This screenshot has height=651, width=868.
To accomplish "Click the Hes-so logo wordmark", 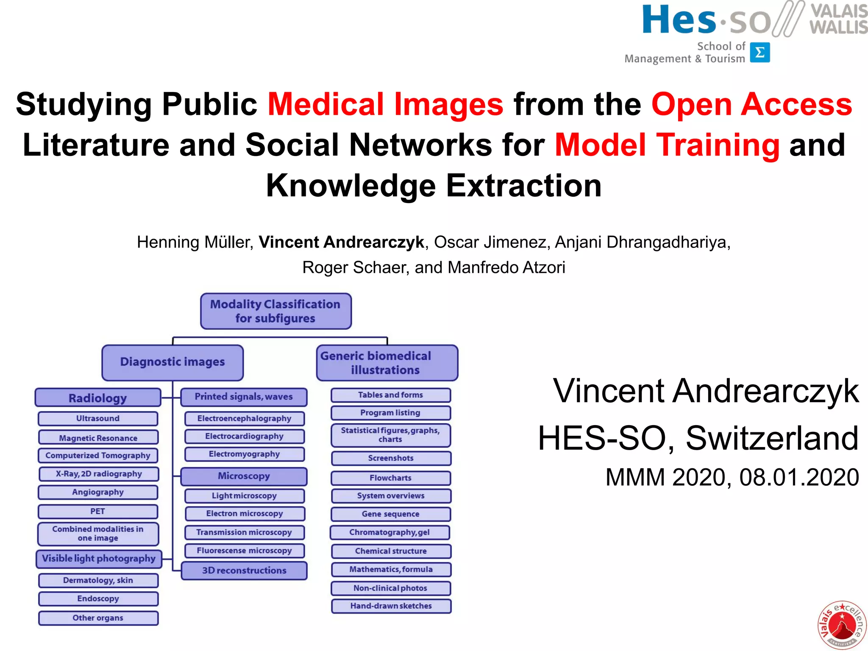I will [x=706, y=20].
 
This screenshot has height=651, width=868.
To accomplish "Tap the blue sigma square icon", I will [x=759, y=53].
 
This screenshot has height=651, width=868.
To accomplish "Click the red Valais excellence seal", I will [x=842, y=625].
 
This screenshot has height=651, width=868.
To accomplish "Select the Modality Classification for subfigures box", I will [x=275, y=311].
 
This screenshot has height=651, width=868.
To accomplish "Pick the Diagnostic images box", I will [x=172, y=362].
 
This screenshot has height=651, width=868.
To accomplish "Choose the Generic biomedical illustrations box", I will [x=387, y=363].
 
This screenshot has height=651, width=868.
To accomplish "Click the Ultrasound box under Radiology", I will [x=98, y=418].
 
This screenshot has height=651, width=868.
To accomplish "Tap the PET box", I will [x=98, y=511].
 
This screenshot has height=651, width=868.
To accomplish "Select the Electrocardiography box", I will [x=244, y=436].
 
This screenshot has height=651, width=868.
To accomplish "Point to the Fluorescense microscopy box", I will [x=244, y=551].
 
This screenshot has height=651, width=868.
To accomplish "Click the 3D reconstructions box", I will [x=244, y=570].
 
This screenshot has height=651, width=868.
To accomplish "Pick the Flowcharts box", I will [x=390, y=478].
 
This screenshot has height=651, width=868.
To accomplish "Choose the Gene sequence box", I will [x=390, y=514].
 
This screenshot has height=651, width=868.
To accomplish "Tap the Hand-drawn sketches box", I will [x=391, y=606].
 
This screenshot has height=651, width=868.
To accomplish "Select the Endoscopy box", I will [x=98, y=598].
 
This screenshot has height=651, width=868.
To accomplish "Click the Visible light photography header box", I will [x=99, y=559].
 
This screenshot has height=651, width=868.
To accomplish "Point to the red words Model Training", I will [x=667, y=145].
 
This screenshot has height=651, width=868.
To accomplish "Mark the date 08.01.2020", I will [x=799, y=477].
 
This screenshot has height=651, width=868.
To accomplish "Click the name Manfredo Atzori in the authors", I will [x=506, y=267].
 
